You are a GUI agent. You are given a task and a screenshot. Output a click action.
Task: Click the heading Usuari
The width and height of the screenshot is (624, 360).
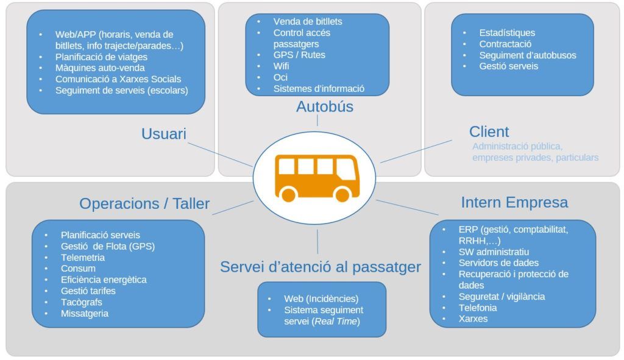[x=163, y=134]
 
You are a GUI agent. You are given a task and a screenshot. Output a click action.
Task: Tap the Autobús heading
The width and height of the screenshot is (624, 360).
[x=325, y=107]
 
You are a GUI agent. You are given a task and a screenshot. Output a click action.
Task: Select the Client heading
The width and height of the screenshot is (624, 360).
[x=489, y=132]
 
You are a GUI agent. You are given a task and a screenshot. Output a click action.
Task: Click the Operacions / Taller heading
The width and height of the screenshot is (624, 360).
[x=144, y=203]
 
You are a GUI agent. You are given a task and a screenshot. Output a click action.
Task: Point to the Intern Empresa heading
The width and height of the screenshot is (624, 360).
[x=514, y=202]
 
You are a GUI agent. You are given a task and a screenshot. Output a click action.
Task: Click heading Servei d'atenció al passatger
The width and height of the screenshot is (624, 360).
[x=321, y=267]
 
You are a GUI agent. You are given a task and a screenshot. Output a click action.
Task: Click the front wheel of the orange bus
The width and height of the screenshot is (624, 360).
[x=342, y=194]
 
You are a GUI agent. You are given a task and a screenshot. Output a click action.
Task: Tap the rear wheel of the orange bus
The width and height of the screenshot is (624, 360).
[x=288, y=194]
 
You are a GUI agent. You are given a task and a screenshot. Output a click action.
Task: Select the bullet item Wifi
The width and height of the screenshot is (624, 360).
[x=281, y=66]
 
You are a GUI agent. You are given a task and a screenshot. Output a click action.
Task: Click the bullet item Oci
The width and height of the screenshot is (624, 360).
[x=280, y=77]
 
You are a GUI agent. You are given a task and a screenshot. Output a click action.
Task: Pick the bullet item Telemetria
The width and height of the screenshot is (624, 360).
[x=83, y=258]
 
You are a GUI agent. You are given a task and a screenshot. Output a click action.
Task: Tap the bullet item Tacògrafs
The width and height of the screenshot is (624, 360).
[x=82, y=302]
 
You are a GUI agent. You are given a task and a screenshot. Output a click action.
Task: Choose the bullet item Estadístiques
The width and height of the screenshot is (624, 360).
[x=507, y=33]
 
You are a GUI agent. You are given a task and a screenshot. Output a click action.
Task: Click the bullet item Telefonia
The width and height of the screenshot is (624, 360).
[x=478, y=308]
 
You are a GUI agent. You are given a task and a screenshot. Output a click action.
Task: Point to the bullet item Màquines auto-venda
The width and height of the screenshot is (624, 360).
[x=100, y=68]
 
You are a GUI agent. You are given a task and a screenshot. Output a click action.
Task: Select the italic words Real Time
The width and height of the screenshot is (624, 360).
[x=336, y=322]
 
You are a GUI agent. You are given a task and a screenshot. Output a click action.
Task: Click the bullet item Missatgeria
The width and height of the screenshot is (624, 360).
[x=84, y=314]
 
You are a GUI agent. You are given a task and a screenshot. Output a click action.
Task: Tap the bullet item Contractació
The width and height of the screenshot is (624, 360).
[x=505, y=44]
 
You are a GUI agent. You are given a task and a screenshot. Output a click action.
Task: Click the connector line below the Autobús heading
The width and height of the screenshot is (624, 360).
[x=317, y=121]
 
